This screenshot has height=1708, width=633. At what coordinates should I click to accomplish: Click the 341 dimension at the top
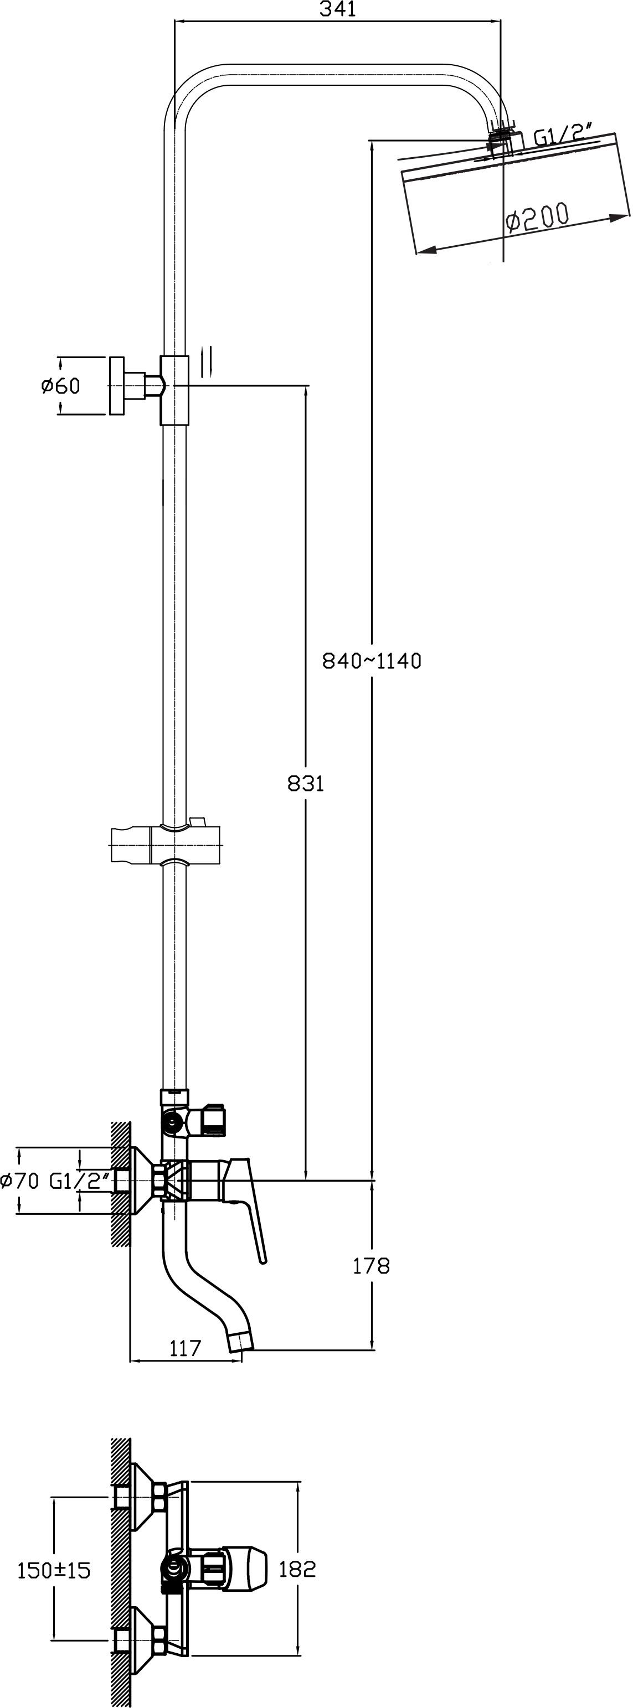(338, 9)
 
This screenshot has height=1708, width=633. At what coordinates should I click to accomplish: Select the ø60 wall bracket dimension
(60, 385)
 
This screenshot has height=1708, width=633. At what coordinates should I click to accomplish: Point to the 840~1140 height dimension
(372, 661)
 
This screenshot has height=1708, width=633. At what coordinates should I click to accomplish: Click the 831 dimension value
(305, 784)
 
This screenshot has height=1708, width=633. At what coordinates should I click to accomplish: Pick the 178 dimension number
(371, 1266)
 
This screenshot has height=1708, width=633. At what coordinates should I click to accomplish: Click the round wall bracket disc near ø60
(117, 386)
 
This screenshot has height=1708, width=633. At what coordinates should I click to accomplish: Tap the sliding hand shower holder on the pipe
(164, 844)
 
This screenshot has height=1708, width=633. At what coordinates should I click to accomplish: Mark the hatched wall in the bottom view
(120, 1572)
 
